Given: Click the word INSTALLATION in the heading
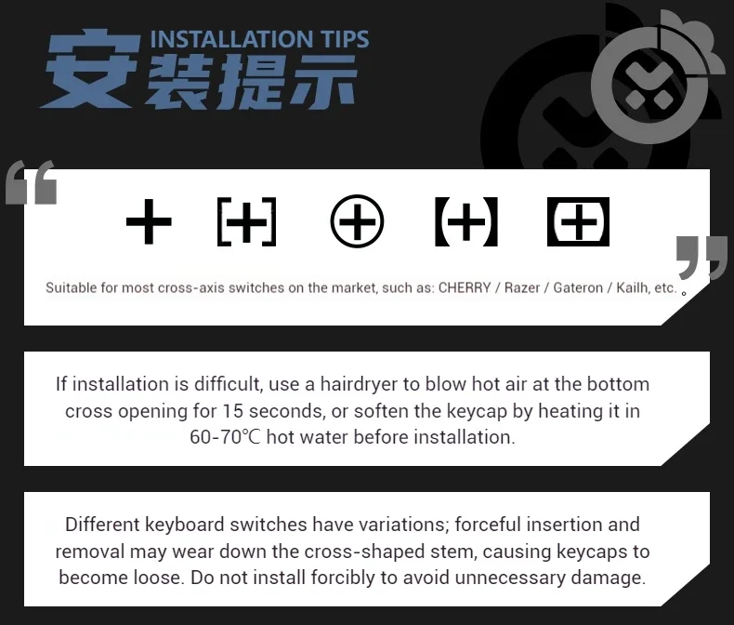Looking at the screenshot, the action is (x=231, y=39).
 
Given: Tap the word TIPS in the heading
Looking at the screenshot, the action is (x=345, y=39).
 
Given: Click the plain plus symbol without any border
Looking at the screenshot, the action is (x=149, y=221).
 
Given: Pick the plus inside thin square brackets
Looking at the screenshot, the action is (x=247, y=221).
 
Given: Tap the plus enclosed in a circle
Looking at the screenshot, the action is (x=357, y=221).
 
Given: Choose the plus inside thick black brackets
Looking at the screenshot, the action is (x=466, y=221).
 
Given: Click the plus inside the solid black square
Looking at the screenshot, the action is (x=578, y=221).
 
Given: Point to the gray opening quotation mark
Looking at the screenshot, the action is (x=32, y=182).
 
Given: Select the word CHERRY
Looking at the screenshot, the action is (x=465, y=287).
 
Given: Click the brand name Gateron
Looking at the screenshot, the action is (x=578, y=287).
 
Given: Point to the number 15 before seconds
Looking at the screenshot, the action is (x=232, y=411).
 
